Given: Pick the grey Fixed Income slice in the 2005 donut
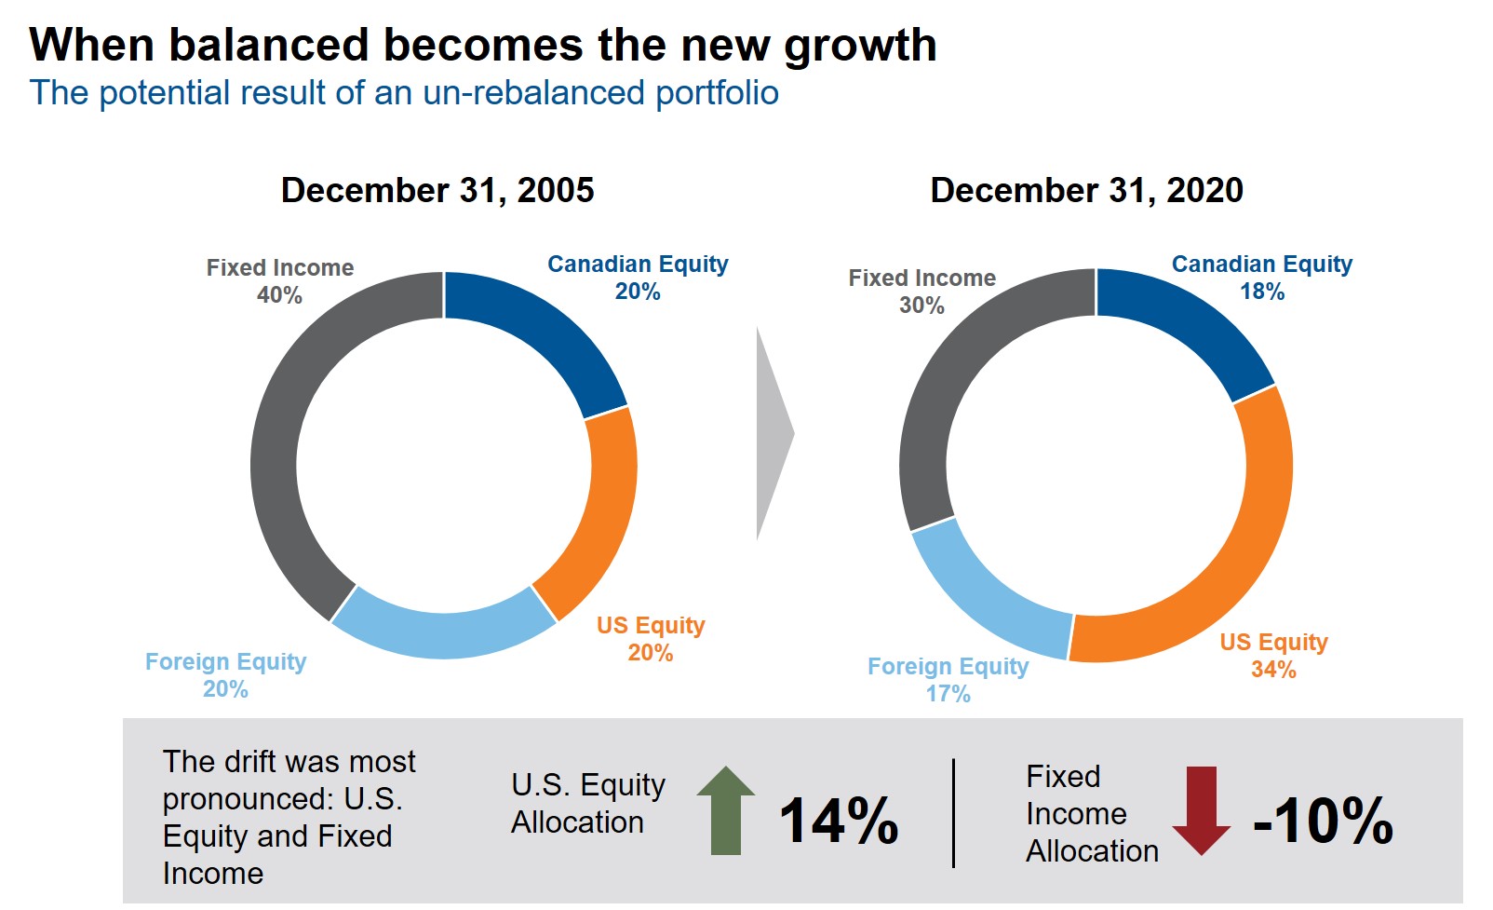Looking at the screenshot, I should [x=279, y=438].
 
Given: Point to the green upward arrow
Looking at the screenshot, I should [x=726, y=810].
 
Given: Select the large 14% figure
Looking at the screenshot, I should [x=839, y=821].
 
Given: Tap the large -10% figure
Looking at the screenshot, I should [x=1323, y=821].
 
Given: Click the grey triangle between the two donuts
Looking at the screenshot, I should [x=772, y=433].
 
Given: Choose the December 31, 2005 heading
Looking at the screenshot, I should [x=437, y=190].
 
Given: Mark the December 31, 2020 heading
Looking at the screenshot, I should [x=1086, y=190].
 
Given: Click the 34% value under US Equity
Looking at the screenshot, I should [x=1273, y=670].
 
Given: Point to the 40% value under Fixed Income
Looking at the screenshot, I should [x=279, y=295].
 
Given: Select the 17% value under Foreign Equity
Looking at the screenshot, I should [x=948, y=694].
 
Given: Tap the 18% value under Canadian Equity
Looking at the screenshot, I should [x=1261, y=292].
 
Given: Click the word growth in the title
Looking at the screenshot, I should [x=860, y=46].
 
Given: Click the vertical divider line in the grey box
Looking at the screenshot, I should [x=954, y=813].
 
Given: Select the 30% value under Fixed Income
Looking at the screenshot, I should [x=921, y=306].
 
